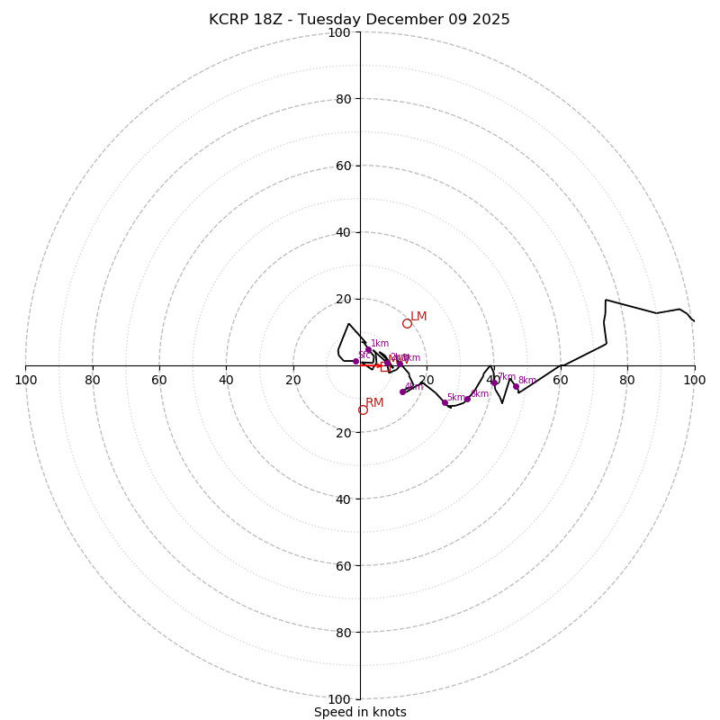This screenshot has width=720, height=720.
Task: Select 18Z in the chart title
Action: [270, 20]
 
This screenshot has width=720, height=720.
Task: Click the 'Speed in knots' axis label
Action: [360, 713]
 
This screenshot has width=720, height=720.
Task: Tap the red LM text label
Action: [418, 317]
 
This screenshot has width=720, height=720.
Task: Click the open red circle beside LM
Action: [407, 323]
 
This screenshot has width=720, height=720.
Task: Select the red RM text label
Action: [374, 403]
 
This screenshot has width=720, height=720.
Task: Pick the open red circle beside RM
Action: [363, 409]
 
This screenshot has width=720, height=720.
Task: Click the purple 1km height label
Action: [380, 343]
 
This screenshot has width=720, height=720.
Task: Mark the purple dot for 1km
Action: [368, 350]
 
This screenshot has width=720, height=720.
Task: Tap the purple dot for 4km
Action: [402, 391]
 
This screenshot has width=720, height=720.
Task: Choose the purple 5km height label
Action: [456, 398]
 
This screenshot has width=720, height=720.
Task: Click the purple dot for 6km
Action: [467, 398]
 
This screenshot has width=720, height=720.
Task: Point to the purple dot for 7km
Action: [494, 382]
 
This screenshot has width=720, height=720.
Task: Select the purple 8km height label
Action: [526, 381]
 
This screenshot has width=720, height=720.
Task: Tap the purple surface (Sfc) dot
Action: [355, 361]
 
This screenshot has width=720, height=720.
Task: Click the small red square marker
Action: [384, 366]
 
